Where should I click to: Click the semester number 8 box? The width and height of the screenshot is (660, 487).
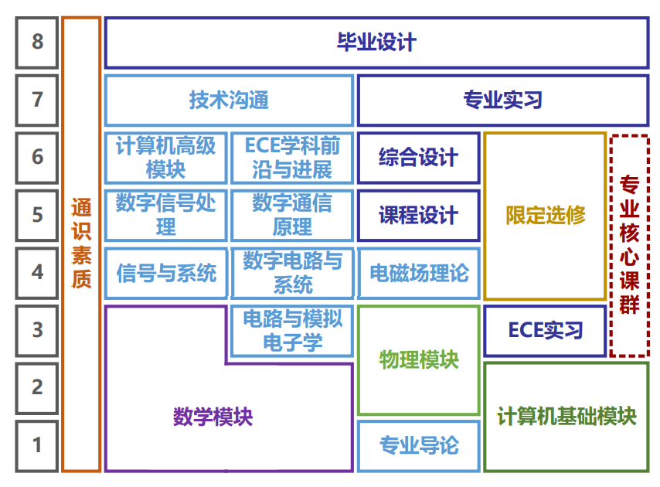tap(37, 42)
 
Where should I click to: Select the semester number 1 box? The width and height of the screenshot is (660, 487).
tap(37, 445)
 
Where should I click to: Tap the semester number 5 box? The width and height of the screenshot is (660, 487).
tap(37, 215)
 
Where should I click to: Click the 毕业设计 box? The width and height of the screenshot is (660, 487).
tap(376, 42)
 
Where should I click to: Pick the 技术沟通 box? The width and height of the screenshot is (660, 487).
tap(229, 100)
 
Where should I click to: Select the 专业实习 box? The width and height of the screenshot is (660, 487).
tap(502, 100)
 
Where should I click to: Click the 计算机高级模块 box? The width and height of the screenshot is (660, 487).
tap(165, 158)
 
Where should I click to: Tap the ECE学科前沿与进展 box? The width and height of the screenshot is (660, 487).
tap(292, 158)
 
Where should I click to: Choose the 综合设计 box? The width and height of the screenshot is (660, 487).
tap(418, 158)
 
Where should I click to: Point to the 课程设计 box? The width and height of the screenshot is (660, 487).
tap(418, 216)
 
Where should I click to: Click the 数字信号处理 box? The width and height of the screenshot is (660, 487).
tap(165, 216)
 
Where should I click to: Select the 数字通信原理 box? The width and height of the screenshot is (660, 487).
tap(292, 216)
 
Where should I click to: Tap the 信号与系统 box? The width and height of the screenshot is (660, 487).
tap(165, 273)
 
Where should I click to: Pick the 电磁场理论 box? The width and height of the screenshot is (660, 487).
tap(418, 273)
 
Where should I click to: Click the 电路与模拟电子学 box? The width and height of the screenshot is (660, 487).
tap(292, 331)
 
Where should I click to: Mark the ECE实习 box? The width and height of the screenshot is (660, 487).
tap(545, 331)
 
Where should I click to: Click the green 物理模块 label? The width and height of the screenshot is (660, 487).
tap(418, 359)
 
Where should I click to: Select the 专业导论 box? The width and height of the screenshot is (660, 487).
tap(418, 445)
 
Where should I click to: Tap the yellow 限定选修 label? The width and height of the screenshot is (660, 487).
tap(545, 216)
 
